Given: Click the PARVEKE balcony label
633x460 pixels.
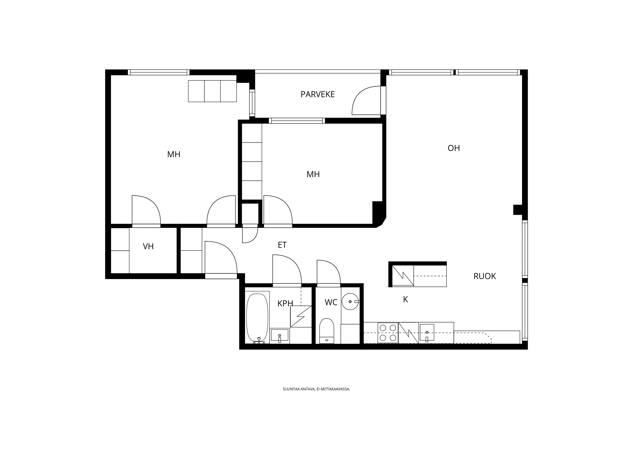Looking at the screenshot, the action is pos(318,94).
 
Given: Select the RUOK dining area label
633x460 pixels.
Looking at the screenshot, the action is pos(485,276).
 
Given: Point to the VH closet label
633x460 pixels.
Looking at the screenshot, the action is pos(148,246).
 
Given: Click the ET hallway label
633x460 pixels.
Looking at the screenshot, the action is pos(282,245).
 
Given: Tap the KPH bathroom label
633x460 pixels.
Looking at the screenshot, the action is pos(285,304).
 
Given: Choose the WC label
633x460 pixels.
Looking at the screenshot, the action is pos(331,302).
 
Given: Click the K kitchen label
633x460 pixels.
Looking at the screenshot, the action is pos(406,299).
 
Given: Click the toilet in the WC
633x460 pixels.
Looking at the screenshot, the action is pos(326,331).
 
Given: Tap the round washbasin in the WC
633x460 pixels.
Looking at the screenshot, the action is pos(350,301).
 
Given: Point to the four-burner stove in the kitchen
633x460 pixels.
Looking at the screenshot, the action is pos(388,333).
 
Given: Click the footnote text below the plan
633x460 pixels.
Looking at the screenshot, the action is pos(316,389).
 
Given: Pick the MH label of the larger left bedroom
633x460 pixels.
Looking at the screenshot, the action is pos(174,154).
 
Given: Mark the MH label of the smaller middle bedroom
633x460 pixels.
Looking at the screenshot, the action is pos(313,174).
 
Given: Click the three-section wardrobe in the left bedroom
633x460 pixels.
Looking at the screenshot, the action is pos(212,91).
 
